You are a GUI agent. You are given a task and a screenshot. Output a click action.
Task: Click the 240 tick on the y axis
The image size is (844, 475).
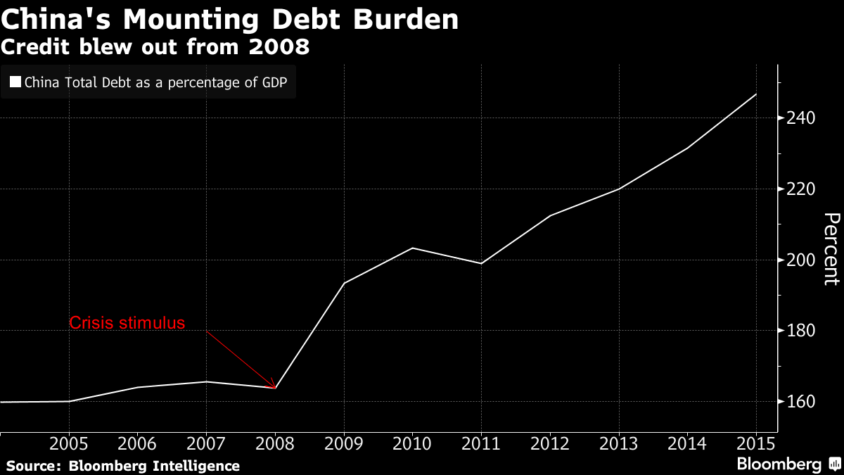point(800,118)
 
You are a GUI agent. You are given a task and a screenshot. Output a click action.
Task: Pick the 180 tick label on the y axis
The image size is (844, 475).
point(800,331)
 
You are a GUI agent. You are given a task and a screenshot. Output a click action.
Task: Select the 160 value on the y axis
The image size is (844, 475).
point(800,402)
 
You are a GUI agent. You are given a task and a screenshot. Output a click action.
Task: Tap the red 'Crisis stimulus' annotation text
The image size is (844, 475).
point(127,323)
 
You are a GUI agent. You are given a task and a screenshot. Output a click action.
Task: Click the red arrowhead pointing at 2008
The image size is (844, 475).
point(273,385)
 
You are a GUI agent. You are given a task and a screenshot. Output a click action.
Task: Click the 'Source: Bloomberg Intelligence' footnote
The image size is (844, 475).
point(123,466)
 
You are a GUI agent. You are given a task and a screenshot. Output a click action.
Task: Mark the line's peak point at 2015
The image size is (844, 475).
point(756,94)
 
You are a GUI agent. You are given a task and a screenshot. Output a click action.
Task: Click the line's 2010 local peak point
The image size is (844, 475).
point(413,248)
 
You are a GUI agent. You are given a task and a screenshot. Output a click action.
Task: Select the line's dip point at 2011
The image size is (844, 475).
point(481,263)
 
